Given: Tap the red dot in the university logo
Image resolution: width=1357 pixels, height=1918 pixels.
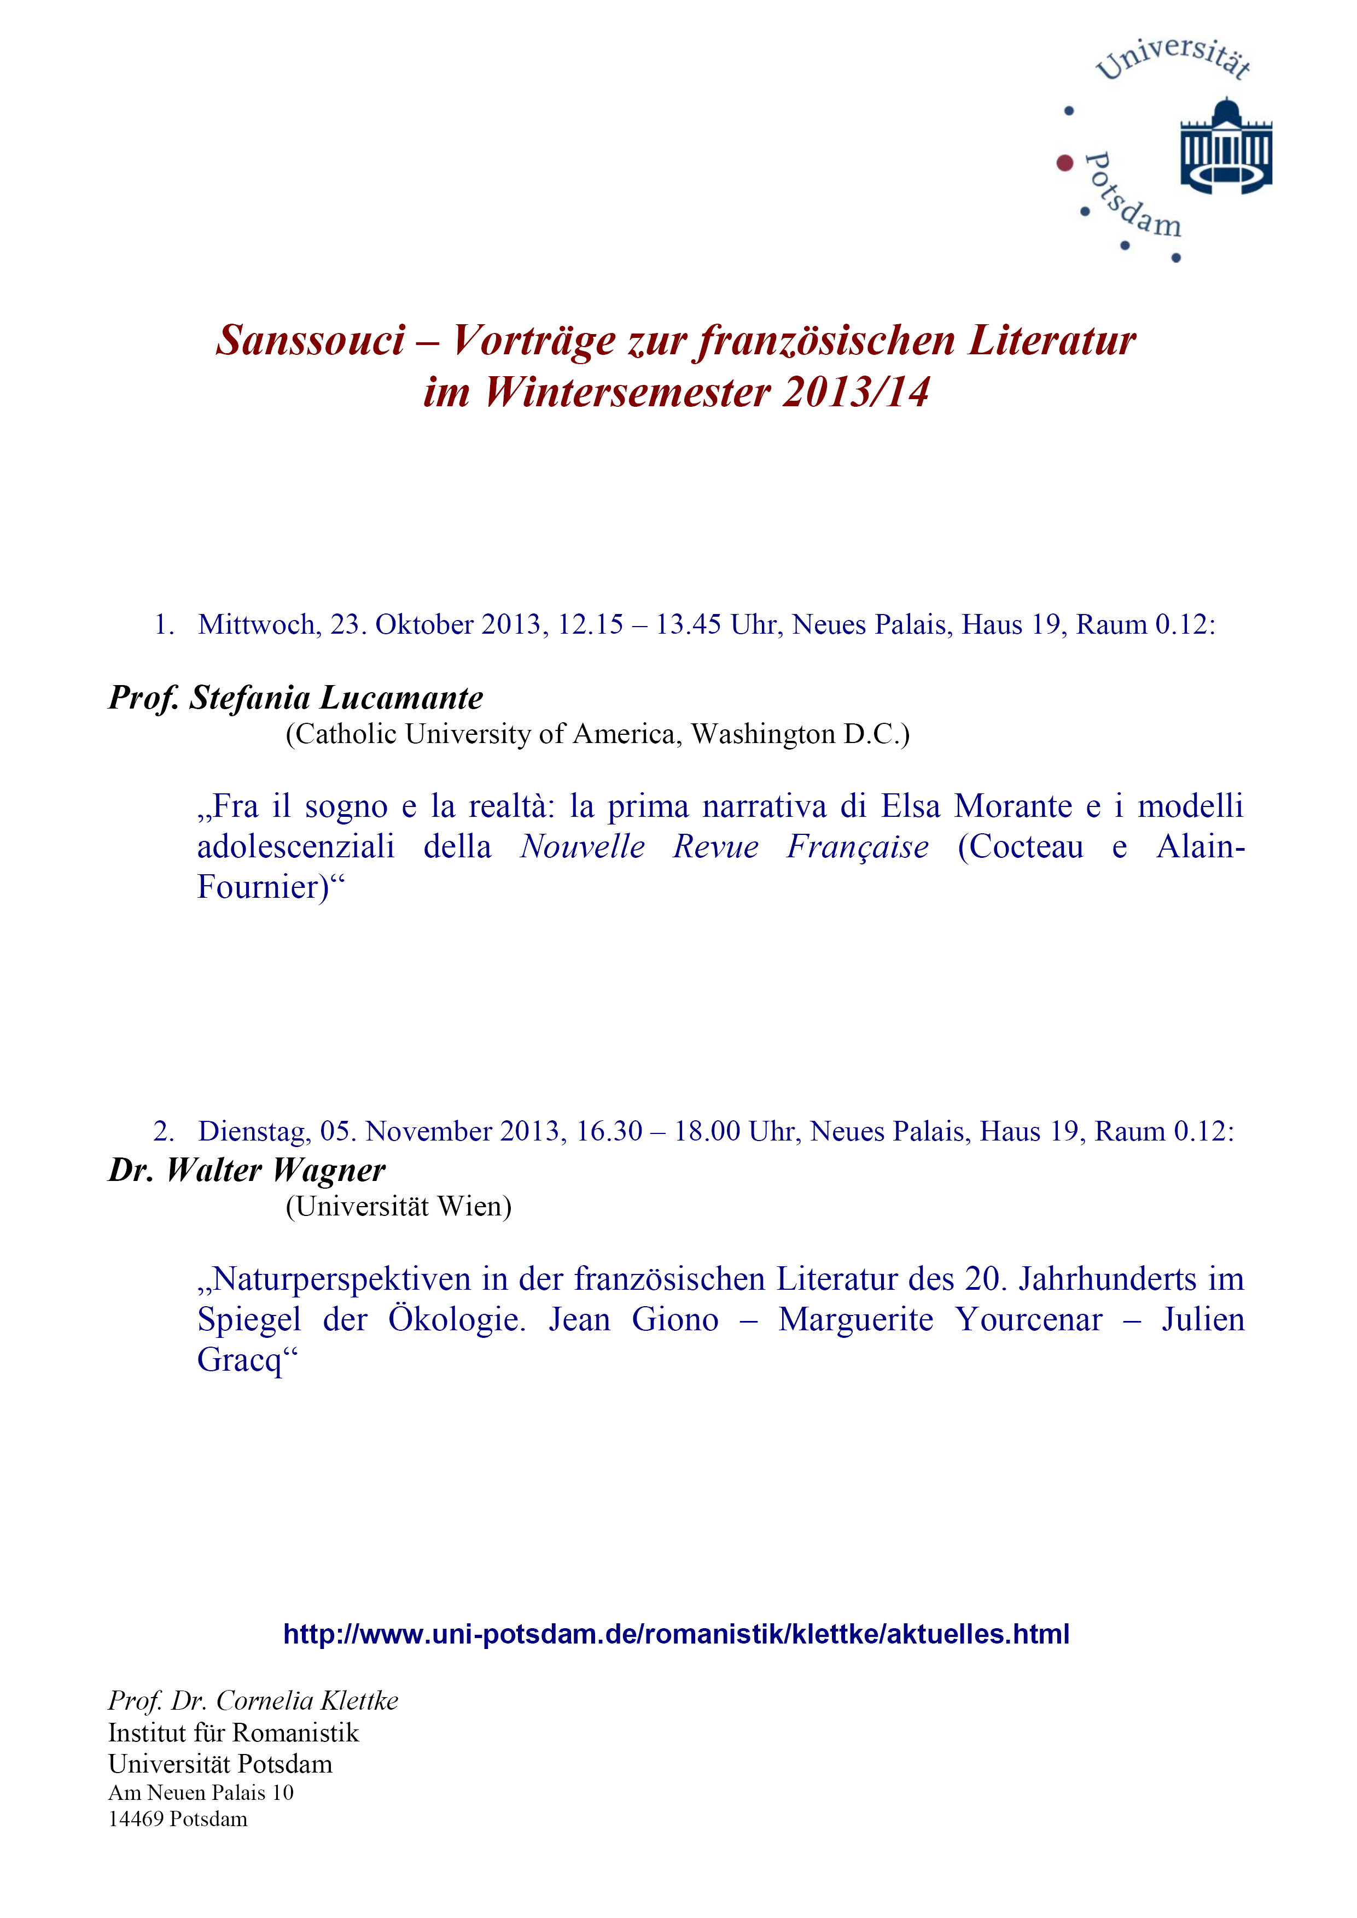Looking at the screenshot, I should tap(1064, 163).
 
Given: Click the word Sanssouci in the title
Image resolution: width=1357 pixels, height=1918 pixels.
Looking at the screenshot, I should tap(310, 341).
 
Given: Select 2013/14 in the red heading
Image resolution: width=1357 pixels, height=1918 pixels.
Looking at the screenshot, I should tap(855, 393).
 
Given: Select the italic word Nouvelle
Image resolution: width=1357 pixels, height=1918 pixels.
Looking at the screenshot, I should tap(583, 847).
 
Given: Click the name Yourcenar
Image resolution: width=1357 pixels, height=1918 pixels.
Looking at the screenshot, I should tap(1029, 1320).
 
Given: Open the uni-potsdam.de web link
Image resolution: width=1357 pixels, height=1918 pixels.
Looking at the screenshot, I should tap(676, 1634).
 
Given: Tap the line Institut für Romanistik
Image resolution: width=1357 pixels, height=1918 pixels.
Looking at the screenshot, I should tap(233, 1733).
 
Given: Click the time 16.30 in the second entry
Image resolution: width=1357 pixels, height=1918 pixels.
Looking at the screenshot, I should tap(609, 1131).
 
